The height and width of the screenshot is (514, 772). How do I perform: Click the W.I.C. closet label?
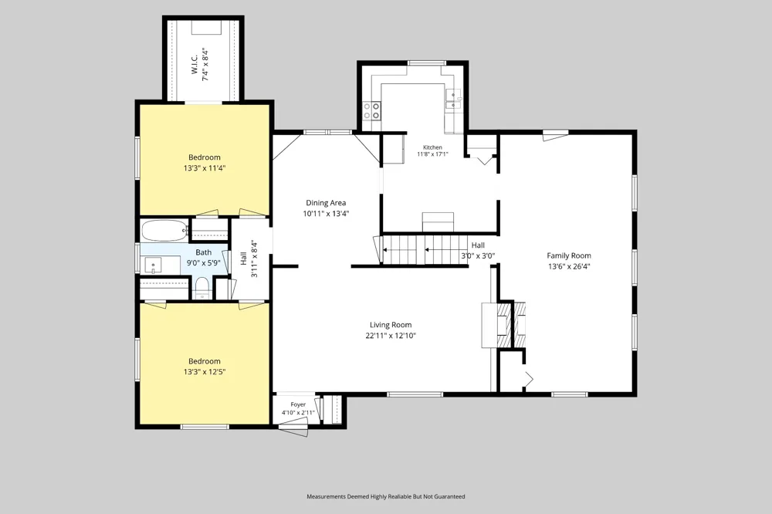[x=195, y=65]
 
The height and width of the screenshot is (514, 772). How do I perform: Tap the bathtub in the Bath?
[x=164, y=230]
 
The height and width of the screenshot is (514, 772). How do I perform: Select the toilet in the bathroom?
[x=201, y=288]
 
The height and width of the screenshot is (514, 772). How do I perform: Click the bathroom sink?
[x=154, y=265]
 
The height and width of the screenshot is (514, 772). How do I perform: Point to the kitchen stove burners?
[x=372, y=110]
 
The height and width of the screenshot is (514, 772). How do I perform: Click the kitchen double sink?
[x=453, y=99]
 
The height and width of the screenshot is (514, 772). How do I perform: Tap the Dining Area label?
[x=326, y=203]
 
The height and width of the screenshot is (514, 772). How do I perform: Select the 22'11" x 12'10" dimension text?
[x=391, y=336]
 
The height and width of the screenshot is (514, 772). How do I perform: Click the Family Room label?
[x=569, y=255]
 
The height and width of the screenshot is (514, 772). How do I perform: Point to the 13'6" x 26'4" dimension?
[x=569, y=266]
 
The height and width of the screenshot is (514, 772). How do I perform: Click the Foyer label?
[x=298, y=404]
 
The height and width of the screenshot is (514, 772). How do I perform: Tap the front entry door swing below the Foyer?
[x=293, y=431]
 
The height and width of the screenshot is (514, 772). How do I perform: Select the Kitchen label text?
[x=433, y=147]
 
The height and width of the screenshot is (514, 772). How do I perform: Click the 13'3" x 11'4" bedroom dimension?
[x=205, y=168]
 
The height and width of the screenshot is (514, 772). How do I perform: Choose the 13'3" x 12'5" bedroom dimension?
[x=205, y=372]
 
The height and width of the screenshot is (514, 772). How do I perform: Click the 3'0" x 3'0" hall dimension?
[x=478, y=256]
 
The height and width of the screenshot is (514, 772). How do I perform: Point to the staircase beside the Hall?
[x=425, y=249]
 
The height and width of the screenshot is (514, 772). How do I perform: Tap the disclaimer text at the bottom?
[x=385, y=497]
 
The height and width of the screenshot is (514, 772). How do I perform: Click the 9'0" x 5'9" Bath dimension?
[x=203, y=263]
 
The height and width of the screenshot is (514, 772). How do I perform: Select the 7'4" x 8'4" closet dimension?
[x=205, y=65]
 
